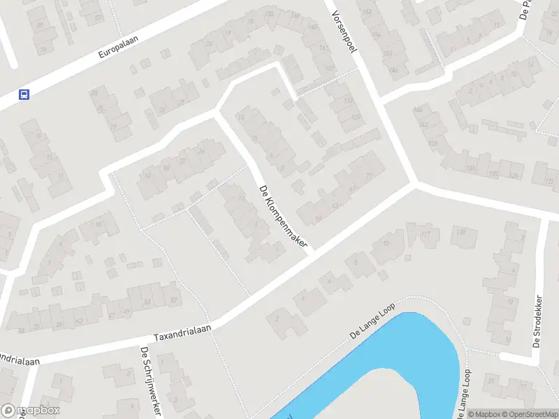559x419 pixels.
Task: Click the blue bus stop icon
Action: (24, 94)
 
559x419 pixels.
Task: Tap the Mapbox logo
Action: (30, 411)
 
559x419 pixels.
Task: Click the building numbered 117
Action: (427, 235)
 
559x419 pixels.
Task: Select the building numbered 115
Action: (460, 232)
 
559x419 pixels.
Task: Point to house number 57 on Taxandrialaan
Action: (173, 301)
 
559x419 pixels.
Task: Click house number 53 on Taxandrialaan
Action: (147, 302)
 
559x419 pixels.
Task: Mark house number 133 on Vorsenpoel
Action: (349, 101)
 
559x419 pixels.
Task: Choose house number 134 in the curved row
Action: (471, 168)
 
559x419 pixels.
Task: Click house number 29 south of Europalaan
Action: (113, 126)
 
